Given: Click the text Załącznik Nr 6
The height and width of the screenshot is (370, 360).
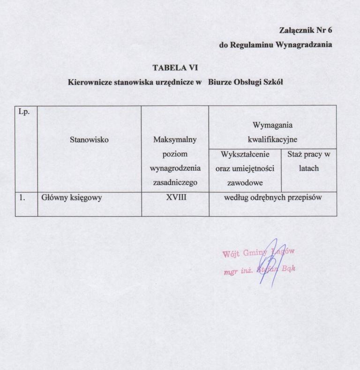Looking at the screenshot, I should pyautogui.click(x=306, y=31).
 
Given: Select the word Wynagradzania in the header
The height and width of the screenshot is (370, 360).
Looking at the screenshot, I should pyautogui.click(x=304, y=45).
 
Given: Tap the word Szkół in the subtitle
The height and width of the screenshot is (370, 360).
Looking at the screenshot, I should pyautogui.click(x=273, y=82).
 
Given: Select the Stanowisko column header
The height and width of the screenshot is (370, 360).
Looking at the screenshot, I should pyautogui.click(x=89, y=139).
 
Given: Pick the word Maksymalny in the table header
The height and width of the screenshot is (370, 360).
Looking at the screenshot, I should pyautogui.click(x=175, y=139).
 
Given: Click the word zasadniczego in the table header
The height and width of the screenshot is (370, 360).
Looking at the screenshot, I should pyautogui.click(x=175, y=183).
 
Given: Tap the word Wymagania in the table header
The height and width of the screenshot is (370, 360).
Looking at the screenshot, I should pyautogui.click(x=272, y=125).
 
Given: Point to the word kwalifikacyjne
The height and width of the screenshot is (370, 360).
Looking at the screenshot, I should pyautogui.click(x=272, y=139).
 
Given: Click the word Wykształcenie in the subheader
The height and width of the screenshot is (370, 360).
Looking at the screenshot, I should pyautogui.click(x=244, y=154).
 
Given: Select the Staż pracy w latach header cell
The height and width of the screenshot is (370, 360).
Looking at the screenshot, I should pyautogui.click(x=308, y=160).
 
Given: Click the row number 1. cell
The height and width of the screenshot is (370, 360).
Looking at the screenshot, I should pyautogui.click(x=22, y=197).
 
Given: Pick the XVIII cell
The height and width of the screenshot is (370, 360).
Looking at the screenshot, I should pyautogui.click(x=176, y=197).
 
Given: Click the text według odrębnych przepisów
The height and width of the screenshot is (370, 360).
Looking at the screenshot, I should pyautogui.click(x=272, y=197).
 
